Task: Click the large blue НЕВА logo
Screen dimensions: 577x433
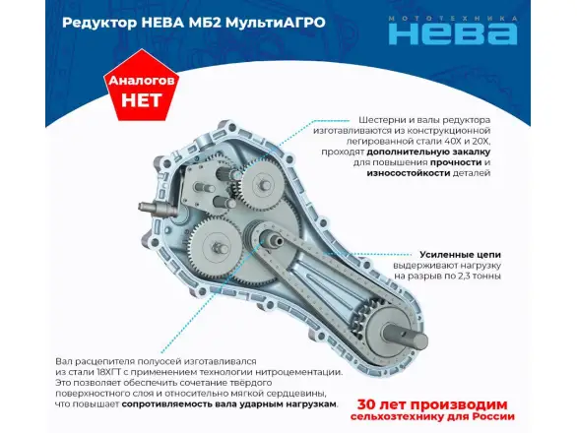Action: click(x=453, y=33)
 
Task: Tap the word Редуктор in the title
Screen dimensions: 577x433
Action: click(x=99, y=23)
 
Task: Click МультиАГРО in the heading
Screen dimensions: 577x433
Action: click(x=276, y=23)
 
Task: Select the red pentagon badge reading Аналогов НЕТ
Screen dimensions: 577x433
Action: click(x=141, y=86)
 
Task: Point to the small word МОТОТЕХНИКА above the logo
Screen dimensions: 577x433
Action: click(x=453, y=19)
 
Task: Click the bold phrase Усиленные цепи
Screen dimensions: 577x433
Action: click(x=460, y=255)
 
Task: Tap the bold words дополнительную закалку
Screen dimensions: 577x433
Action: click(x=428, y=152)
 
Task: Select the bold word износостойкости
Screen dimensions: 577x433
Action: click(x=408, y=173)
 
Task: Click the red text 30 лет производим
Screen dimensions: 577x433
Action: click(x=432, y=404)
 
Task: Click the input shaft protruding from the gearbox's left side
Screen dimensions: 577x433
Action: click(x=155, y=209)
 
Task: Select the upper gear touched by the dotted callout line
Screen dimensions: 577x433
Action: click(x=262, y=182)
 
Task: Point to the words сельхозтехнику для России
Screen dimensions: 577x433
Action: click(x=432, y=417)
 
